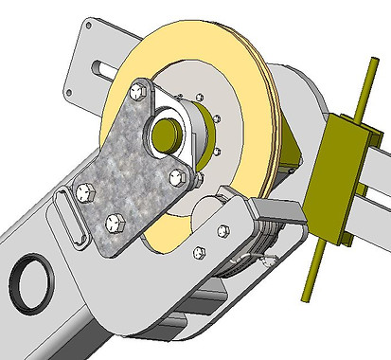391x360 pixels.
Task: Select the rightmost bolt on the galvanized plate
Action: tap(175, 174)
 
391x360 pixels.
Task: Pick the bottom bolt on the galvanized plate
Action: tap(115, 223)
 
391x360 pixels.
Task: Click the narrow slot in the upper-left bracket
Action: tap(99, 68)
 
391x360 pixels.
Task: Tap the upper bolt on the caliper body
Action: tap(223, 230)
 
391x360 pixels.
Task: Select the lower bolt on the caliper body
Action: tap(199, 252)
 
